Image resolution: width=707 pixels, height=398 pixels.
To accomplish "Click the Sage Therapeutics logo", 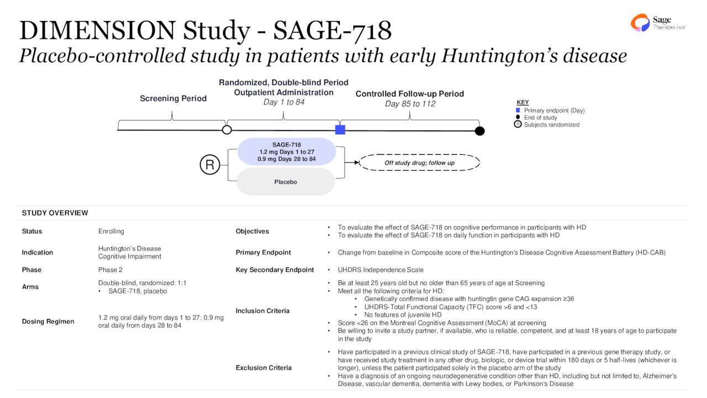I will (657, 23).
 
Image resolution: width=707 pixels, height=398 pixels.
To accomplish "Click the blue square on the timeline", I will (340, 130).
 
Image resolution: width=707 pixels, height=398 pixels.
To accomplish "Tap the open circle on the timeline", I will (226, 130).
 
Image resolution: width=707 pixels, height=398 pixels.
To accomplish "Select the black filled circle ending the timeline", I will (480, 131).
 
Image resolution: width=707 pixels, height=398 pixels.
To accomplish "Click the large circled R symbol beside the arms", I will (210, 165).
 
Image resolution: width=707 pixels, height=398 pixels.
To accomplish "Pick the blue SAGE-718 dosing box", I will (286, 151).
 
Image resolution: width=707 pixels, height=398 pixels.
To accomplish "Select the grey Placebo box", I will (286, 182).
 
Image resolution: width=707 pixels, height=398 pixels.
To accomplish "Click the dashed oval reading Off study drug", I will (419, 163).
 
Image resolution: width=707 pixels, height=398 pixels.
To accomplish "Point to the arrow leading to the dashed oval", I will (352, 163).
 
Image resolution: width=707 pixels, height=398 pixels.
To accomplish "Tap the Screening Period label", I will (173, 98).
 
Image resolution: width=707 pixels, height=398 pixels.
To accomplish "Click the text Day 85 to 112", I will (410, 104).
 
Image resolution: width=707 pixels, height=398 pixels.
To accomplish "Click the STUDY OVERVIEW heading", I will (55, 213).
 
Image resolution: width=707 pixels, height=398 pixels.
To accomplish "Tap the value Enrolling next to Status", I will (111, 231).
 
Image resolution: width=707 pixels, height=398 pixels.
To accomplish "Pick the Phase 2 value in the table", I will (110, 270).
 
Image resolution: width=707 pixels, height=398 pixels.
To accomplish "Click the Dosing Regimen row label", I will (48, 321).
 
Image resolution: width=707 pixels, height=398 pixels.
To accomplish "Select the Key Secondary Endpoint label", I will (275, 270).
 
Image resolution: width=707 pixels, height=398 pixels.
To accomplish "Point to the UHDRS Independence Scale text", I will (381, 270).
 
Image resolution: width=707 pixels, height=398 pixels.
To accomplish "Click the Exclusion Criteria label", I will (263, 368).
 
